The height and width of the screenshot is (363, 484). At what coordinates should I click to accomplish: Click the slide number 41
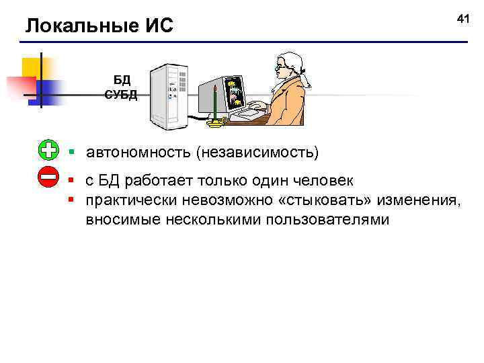point(462,19)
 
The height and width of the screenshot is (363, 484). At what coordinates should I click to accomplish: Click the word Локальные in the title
point(73,27)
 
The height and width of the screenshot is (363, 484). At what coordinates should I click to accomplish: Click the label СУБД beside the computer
point(121,94)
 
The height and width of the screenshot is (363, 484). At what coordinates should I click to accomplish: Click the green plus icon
point(49,151)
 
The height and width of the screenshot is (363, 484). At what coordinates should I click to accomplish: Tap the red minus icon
point(49,178)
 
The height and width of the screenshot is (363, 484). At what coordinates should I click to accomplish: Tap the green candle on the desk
point(215,105)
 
